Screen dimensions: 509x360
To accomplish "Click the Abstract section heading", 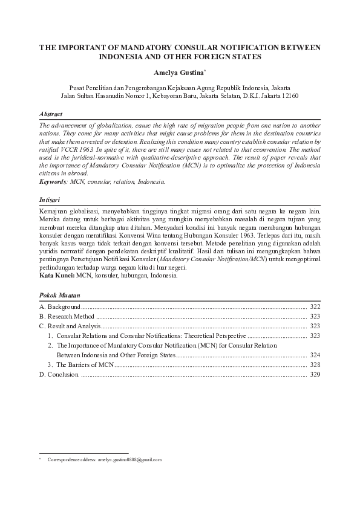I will (50, 114).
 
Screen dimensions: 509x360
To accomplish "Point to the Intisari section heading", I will (49, 199).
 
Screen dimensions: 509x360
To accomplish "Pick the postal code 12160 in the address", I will (288, 96).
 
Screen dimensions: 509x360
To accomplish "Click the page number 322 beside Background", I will (315, 307).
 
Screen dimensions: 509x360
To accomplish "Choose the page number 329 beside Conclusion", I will (315, 375).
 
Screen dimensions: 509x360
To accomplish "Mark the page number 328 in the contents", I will (315, 365).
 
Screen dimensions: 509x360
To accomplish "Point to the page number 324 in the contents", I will (315, 355).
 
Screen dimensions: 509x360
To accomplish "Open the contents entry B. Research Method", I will (67, 316).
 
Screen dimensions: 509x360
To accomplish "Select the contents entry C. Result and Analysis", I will (70, 326).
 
